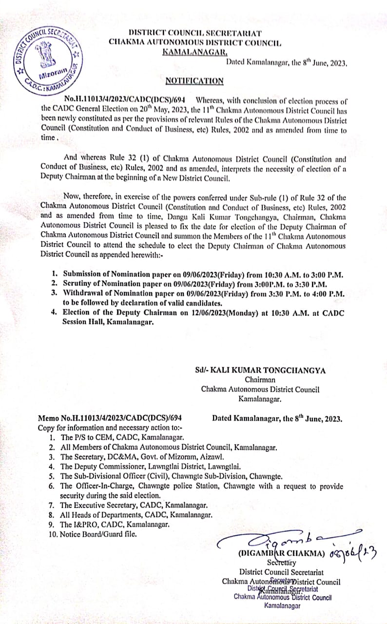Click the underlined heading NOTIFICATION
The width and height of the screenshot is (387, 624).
194,81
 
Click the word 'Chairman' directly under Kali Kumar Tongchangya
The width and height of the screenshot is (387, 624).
260,380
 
